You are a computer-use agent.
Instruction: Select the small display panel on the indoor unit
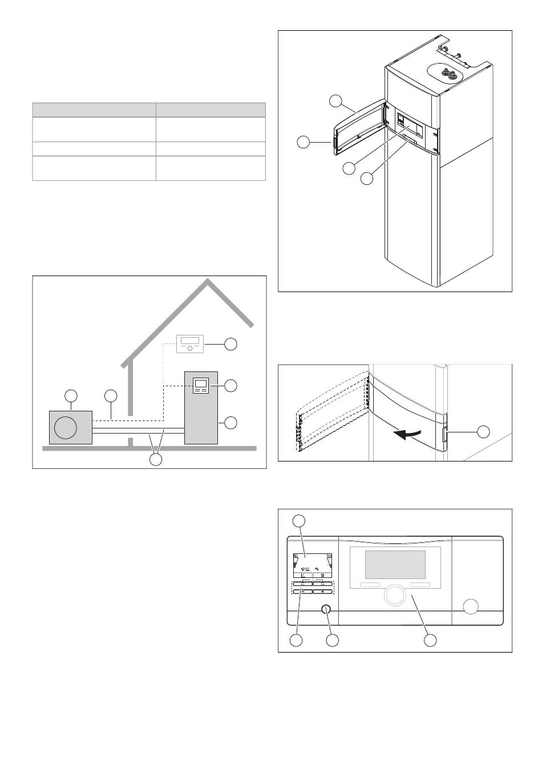[x=200, y=386]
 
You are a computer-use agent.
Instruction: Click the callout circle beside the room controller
[x=230, y=343]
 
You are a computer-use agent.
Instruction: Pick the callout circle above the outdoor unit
[x=71, y=395]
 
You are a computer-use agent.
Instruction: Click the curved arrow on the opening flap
[x=410, y=435]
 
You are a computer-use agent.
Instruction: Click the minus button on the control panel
[x=305, y=592]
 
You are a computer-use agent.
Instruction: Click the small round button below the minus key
[x=326, y=609]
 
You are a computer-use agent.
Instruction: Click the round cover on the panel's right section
[x=471, y=607]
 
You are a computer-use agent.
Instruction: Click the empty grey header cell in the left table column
[x=94, y=110]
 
